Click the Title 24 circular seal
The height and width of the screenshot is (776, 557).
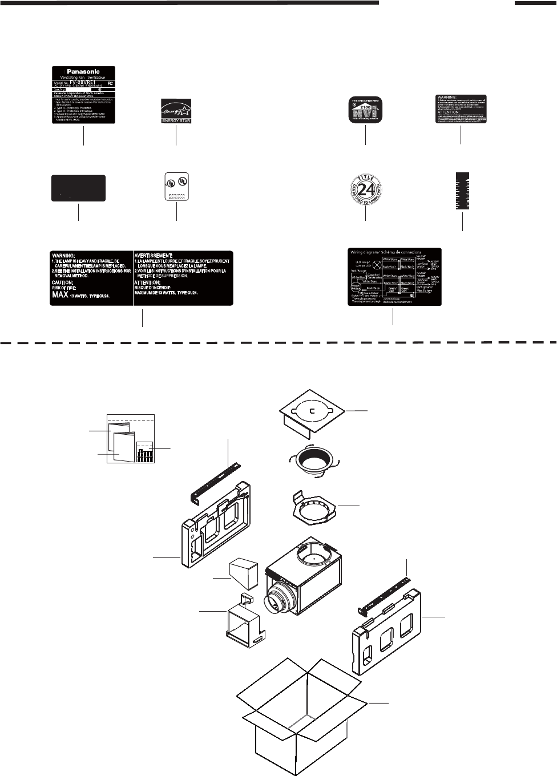click(365, 189)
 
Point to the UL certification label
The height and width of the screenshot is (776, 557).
click(176, 186)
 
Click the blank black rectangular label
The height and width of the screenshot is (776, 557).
click(78, 188)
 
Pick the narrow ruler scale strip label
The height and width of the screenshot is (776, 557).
click(462, 191)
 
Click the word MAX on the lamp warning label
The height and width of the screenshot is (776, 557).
click(60, 295)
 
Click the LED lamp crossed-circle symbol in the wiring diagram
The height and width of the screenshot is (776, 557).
click(376, 265)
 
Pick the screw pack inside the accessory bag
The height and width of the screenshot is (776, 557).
click(146, 452)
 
